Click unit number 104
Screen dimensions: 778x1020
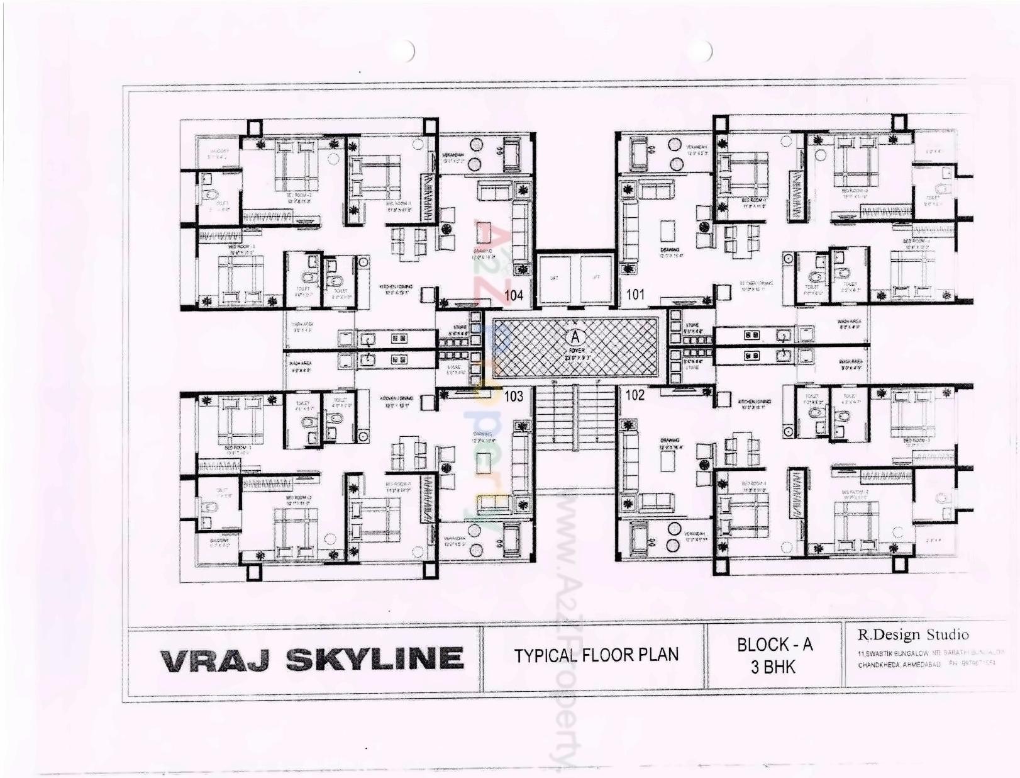(514, 295)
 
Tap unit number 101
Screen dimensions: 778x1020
(635, 295)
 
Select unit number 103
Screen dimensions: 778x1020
(514, 396)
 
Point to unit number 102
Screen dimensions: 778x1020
(635, 395)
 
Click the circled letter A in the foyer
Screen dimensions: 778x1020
(575, 338)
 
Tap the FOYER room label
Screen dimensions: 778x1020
(576, 350)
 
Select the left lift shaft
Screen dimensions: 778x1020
(555, 279)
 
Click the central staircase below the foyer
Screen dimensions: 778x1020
(575, 418)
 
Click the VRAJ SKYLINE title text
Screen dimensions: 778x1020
(312, 659)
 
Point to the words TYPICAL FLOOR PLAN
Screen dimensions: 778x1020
(596, 655)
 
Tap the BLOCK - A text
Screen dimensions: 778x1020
(775, 645)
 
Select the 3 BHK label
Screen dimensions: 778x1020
(773, 667)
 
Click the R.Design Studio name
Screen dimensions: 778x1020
(913, 634)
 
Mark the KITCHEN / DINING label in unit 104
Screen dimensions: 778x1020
(396, 287)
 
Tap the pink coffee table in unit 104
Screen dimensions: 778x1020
(484, 232)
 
